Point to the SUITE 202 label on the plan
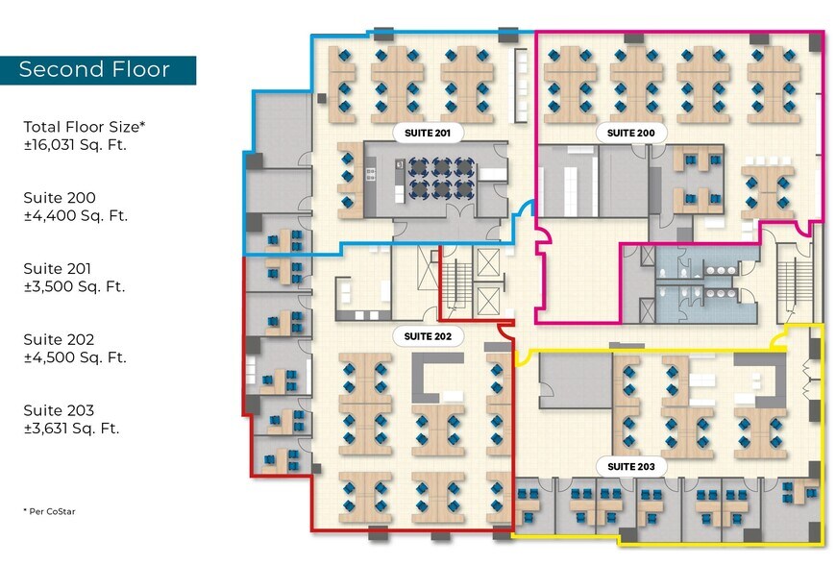430,336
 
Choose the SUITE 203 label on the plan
631,467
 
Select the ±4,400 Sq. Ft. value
76,216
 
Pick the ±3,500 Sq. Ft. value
76,286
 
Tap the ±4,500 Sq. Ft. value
76,357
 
